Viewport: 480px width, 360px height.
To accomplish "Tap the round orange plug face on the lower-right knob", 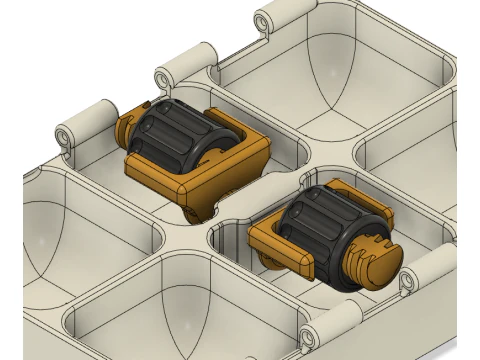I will [372, 262].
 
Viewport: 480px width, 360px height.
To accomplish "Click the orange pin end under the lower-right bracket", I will [268, 262].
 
